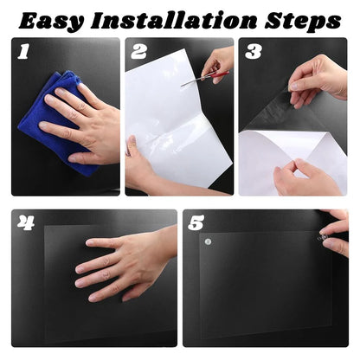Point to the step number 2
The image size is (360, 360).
[138, 52]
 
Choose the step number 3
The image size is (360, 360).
[253, 53]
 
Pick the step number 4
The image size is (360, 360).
[27, 224]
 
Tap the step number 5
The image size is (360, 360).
[197, 224]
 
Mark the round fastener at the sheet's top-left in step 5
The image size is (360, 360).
[208, 242]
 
